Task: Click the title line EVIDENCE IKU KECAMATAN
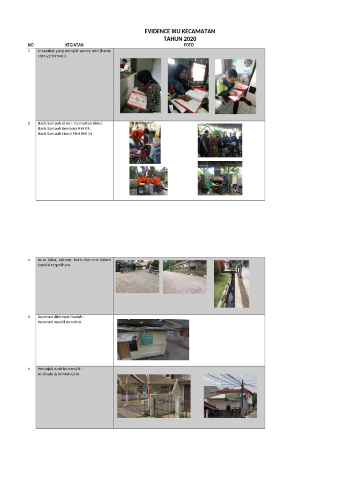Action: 180,31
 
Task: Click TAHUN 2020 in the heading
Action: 180,38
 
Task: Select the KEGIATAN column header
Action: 75,45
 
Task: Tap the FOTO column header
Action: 189,45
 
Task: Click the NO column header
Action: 31,45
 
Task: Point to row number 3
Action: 29,260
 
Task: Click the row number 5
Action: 29,369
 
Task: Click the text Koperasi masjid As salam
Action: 59,322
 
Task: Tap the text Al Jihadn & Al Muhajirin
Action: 59,374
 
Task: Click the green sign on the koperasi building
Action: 147,339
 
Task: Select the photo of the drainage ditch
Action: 232,284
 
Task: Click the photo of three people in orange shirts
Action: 148,180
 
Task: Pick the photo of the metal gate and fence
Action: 154,396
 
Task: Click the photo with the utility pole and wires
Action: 230,396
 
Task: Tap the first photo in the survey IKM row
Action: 140,85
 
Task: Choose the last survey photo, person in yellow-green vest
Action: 235,86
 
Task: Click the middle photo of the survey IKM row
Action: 188,85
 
